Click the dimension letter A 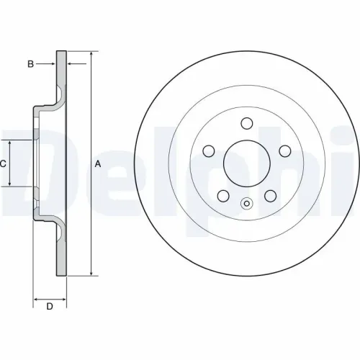(98, 164)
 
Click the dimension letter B (30, 64)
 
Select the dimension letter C (3, 164)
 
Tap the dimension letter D (50, 307)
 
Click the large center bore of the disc (247, 163)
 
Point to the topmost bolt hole (247, 123)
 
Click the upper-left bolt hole (209, 151)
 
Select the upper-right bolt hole (285, 151)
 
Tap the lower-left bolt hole (223, 196)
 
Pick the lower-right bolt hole (271, 196)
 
